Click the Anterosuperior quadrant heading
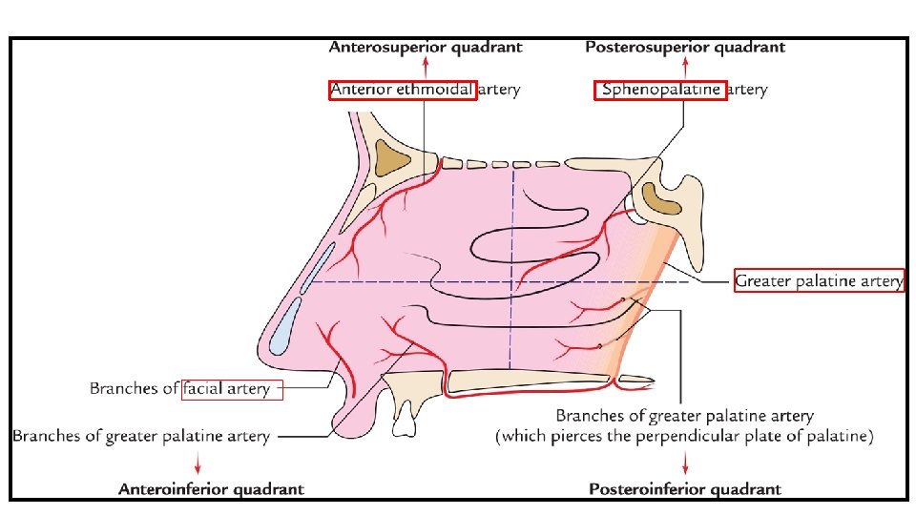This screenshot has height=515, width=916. click(x=426, y=47)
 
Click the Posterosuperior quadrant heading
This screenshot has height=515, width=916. click(x=684, y=47)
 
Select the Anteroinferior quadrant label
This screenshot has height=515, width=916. click(x=211, y=489)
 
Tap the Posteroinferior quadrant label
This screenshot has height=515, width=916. click(x=684, y=489)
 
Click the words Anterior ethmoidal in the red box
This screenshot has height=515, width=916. click(x=402, y=91)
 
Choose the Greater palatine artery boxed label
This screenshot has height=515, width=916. click(x=818, y=281)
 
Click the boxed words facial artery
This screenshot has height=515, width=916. click(x=232, y=389)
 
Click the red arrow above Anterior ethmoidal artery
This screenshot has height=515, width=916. click(x=426, y=67)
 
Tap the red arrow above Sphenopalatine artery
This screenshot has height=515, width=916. click(x=684, y=67)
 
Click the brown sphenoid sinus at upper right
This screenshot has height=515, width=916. click(x=660, y=196)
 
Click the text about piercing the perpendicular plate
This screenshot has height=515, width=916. click(x=684, y=437)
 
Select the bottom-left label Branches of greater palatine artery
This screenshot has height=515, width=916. click(x=141, y=436)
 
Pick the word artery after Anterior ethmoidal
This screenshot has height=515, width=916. click(x=500, y=91)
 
